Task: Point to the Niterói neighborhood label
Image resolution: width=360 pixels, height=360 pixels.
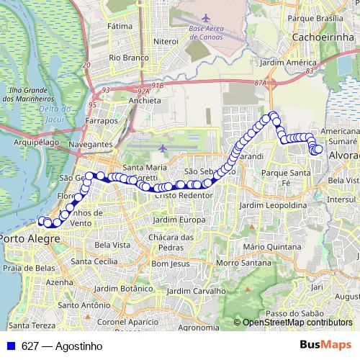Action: pos(166,41)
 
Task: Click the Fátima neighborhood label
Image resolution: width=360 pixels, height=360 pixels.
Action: pos(120,26)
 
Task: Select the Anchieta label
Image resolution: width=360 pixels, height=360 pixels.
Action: pos(144,101)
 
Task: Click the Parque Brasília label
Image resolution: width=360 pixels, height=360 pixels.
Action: pos(321,17)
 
